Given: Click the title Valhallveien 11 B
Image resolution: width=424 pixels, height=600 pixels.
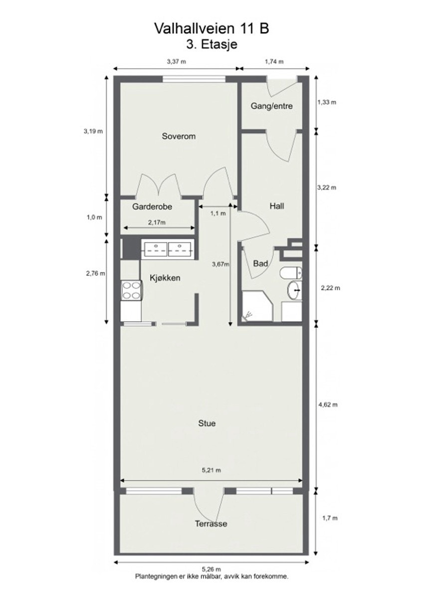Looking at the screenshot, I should pos(212,28).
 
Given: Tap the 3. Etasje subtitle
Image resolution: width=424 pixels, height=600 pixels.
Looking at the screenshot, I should pos(212,44).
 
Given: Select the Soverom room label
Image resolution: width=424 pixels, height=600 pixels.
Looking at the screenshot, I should pos(178,136).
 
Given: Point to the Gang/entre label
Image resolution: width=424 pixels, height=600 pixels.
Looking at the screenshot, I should pos(271,106).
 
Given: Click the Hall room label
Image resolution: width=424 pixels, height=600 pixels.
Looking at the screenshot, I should pos(277,205).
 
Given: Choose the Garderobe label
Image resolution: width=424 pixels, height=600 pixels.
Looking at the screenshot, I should pos(149,206).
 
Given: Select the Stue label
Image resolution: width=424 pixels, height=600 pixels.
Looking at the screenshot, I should pos(207,424).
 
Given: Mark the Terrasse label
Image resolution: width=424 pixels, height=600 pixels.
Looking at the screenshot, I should pos(211,524).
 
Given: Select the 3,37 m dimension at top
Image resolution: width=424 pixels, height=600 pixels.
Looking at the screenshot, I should pos(176,62).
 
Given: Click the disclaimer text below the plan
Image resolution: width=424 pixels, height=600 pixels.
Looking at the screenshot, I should pos(212,576).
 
